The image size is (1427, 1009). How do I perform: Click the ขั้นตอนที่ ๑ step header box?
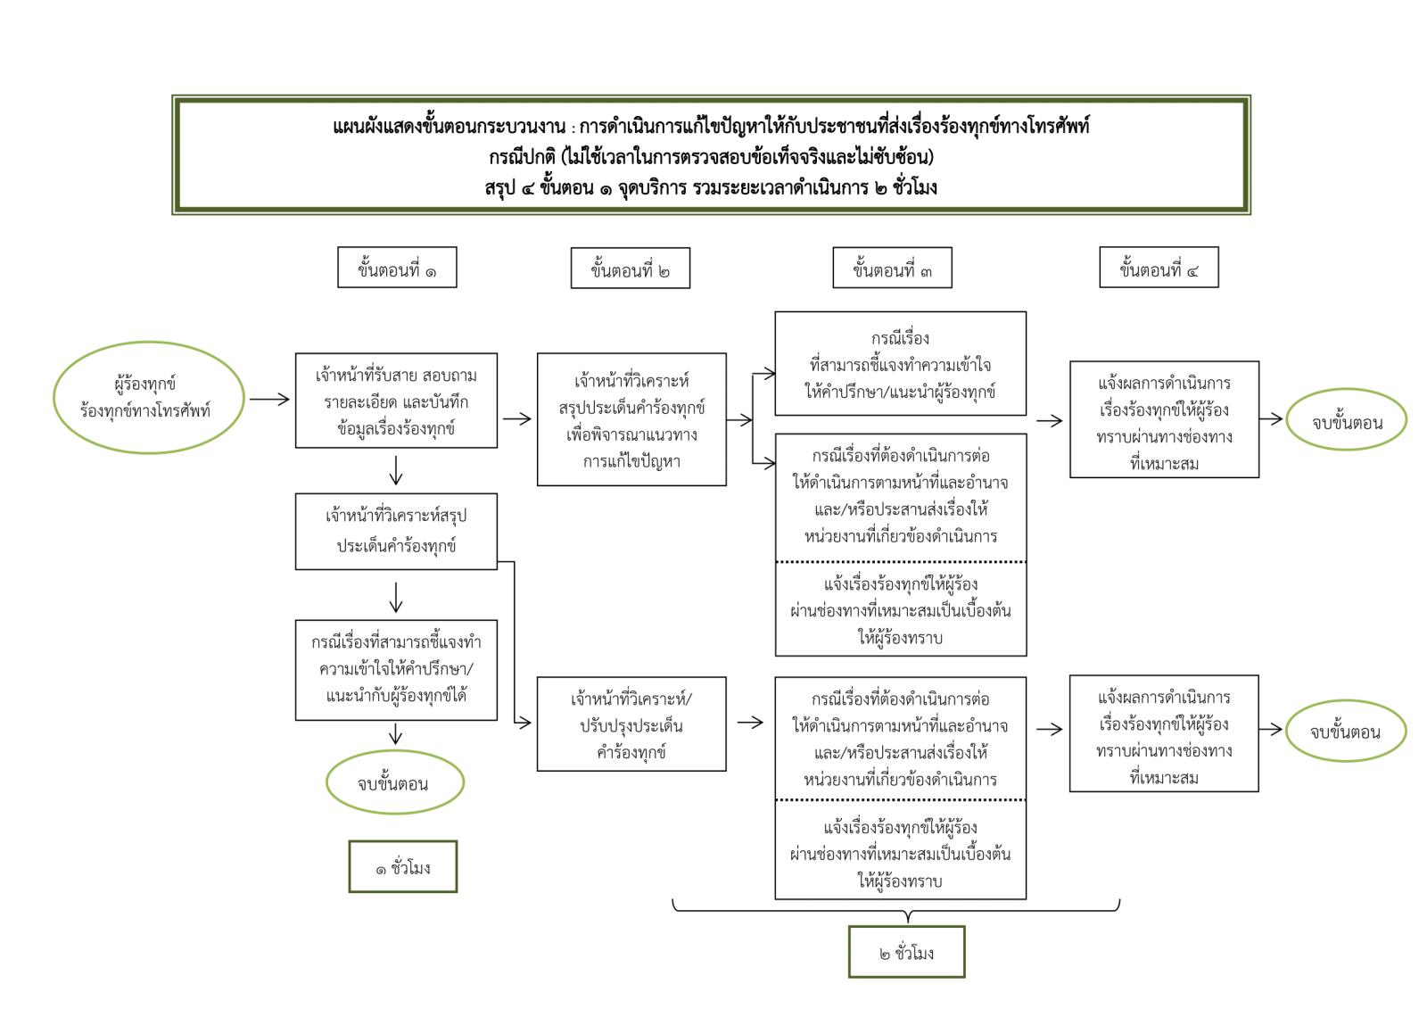point(397,268)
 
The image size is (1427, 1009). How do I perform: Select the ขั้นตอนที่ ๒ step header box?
point(630,269)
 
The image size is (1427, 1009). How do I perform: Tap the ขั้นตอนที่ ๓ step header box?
point(892,268)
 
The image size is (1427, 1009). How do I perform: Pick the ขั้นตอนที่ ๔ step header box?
point(1159,268)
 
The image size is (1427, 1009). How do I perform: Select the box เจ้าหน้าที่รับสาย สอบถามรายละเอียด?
point(396,401)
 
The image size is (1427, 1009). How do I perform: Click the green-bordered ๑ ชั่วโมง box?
point(402,866)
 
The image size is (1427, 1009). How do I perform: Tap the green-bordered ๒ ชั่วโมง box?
point(906,952)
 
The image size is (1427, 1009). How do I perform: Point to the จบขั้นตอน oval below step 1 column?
point(394,783)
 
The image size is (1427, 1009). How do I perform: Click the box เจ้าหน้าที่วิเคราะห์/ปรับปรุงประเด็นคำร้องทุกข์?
point(631,724)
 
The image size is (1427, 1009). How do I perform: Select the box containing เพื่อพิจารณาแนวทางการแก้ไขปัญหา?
point(631,419)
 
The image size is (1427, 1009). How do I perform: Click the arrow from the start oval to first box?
point(268,399)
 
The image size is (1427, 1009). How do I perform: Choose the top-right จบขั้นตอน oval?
point(1346,421)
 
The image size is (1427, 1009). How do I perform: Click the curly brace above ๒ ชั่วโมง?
point(895,909)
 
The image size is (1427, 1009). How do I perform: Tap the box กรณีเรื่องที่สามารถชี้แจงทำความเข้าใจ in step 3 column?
point(900,364)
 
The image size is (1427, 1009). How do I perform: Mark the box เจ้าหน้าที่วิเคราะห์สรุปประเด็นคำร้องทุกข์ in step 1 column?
point(396,531)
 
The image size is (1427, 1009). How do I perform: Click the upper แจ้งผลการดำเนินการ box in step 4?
point(1164,419)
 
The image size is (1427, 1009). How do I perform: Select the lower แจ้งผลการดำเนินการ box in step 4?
point(1163,733)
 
